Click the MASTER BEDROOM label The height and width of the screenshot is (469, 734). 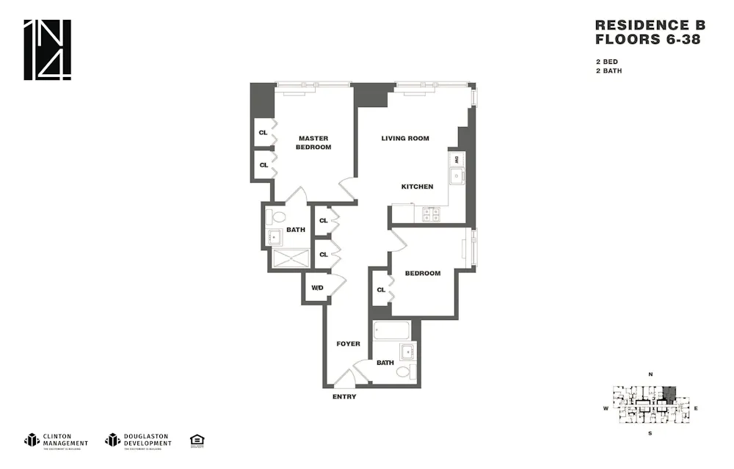(313, 142)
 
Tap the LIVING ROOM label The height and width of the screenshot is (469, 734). (405, 138)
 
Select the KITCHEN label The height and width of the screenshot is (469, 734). (417, 186)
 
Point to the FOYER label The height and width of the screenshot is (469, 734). (348, 343)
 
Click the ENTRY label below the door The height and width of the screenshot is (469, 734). (344, 397)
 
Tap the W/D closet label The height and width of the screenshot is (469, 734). (317, 288)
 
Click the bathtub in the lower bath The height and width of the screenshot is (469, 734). (390, 330)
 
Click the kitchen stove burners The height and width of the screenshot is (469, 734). (431, 214)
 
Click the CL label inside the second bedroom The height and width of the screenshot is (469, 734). (381, 290)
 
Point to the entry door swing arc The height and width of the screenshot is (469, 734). (343, 378)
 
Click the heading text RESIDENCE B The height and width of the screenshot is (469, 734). (647, 25)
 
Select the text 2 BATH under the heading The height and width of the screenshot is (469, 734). (608, 71)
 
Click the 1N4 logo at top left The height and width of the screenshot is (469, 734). (48, 50)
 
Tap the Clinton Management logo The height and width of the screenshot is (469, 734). (57, 440)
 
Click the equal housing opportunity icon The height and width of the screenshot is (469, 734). (197, 440)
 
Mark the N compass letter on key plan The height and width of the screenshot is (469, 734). (650, 375)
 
